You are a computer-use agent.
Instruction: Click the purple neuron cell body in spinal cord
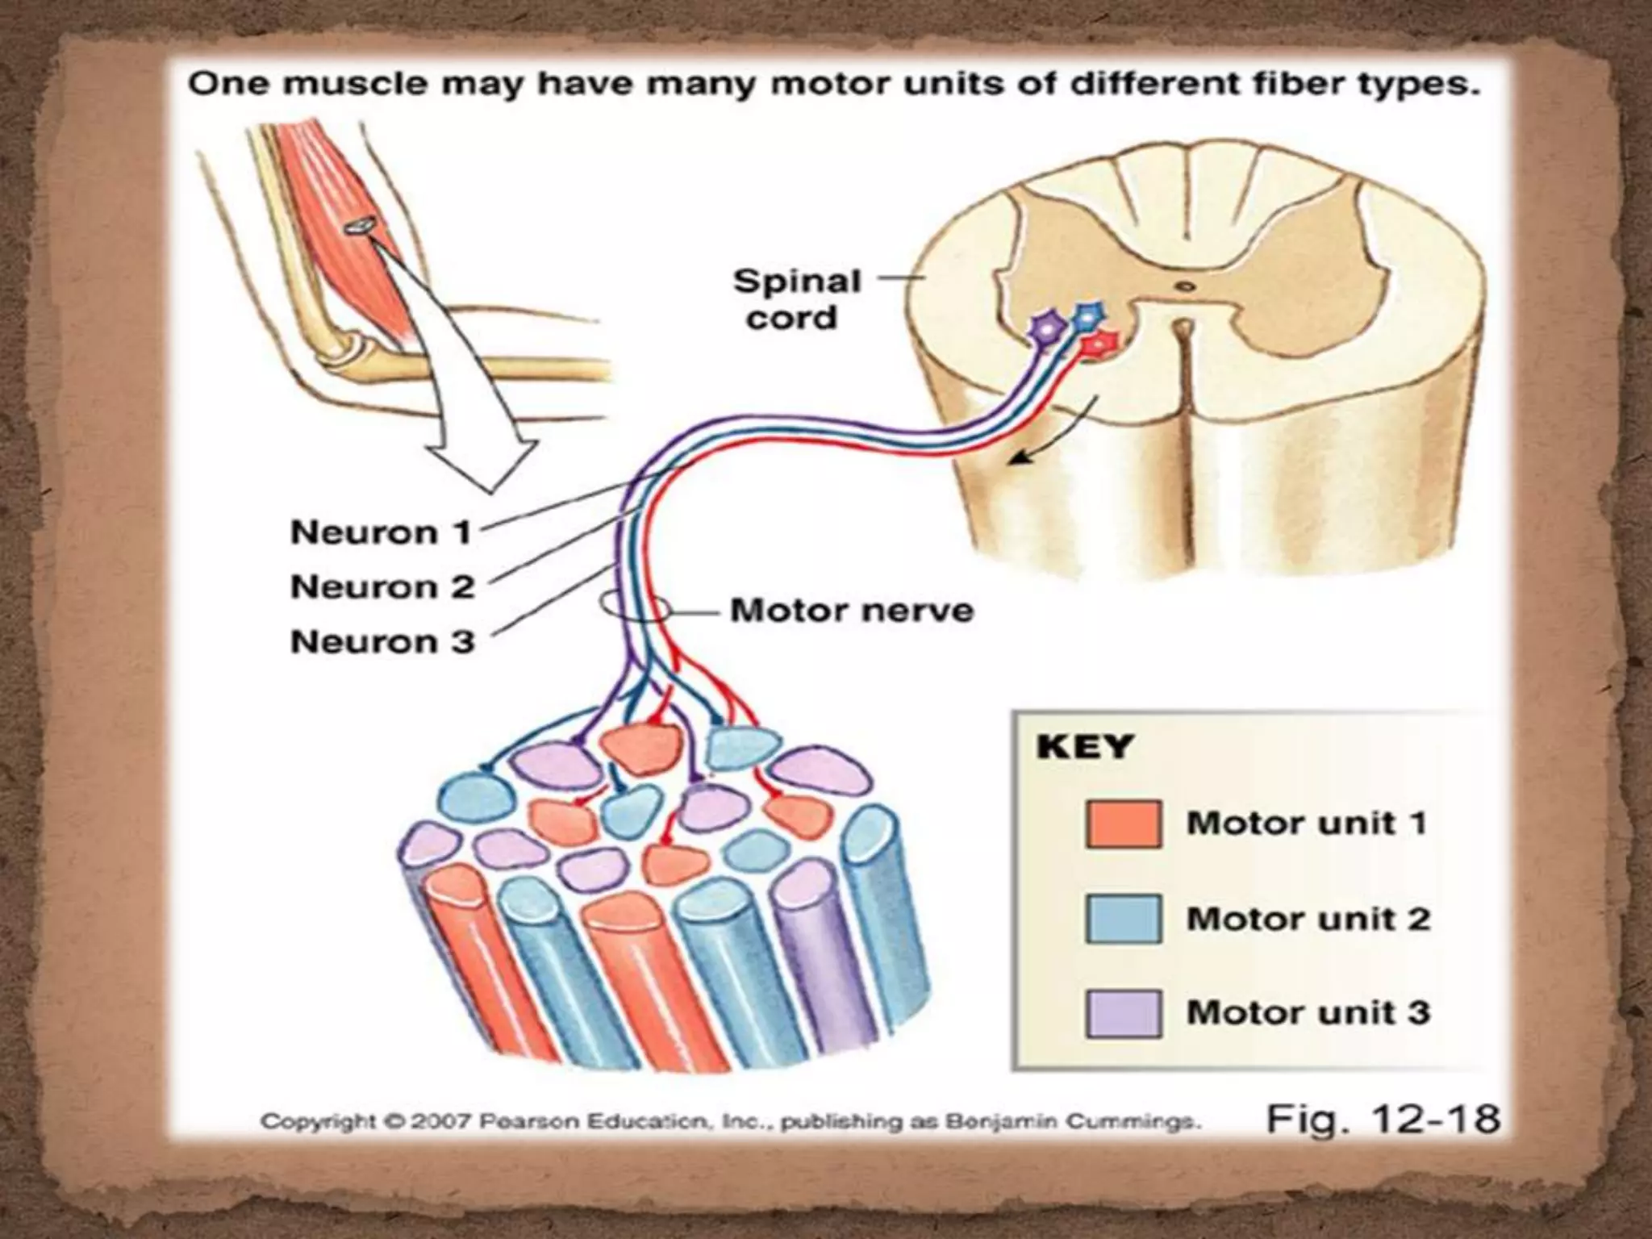1047,327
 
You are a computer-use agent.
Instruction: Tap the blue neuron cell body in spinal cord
1088,315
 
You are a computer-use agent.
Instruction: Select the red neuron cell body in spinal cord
1101,344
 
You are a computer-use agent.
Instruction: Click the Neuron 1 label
380,532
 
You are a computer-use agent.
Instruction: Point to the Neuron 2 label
382,586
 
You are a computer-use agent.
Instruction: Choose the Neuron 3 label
382,641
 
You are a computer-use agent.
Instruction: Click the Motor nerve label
852,611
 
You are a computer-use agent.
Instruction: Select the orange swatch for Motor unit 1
1123,824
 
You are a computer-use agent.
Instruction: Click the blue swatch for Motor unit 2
1123,919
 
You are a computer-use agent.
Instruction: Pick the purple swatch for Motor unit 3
1123,1013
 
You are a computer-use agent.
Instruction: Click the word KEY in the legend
1084,746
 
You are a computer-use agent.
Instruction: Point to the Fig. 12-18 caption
1383,1119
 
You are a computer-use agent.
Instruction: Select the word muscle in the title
348,84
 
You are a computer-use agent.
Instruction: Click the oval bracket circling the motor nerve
634,608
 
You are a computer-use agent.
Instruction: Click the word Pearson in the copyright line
528,1121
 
